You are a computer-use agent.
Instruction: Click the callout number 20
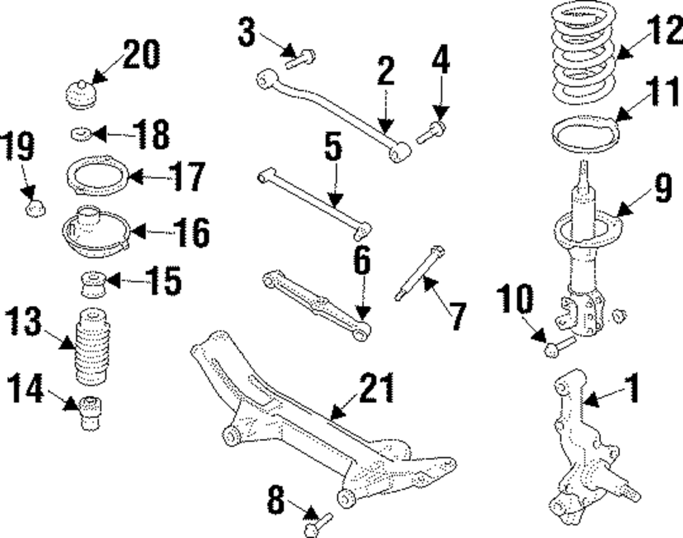[x=141, y=55]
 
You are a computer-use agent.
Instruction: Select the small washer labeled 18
[x=81, y=132]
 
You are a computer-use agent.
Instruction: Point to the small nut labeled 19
[x=34, y=207]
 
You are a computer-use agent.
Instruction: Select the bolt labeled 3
[x=301, y=59]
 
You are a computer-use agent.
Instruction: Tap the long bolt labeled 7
[x=418, y=273]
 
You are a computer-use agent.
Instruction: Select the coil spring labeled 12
[x=586, y=61]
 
